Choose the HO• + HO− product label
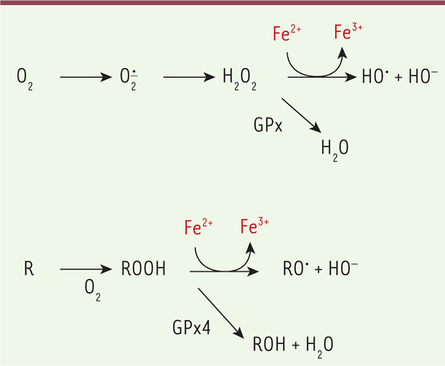(x=395, y=77)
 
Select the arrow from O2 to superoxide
(x=85, y=78)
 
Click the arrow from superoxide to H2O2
(x=189, y=78)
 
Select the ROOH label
(x=144, y=270)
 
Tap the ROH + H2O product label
(x=293, y=344)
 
